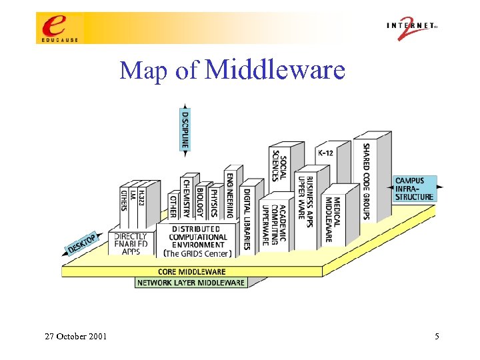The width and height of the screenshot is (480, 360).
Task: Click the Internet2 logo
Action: (411, 28)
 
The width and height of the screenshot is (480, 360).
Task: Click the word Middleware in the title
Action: (275, 69)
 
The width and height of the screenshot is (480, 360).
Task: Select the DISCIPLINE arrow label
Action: (185, 129)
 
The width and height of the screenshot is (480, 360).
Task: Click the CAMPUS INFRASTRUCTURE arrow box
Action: (414, 189)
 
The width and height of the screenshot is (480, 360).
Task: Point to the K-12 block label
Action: (325, 153)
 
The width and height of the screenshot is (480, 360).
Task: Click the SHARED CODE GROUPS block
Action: (367, 181)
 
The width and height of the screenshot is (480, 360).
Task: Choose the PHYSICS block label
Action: (214, 202)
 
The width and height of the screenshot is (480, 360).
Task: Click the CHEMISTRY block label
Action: (187, 198)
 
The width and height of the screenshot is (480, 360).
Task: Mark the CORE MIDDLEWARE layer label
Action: (191, 271)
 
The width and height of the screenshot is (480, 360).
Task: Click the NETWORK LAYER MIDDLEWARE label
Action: (191, 283)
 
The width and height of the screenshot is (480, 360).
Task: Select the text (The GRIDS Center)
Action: (198, 253)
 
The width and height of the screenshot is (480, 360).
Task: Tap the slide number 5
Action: (437, 337)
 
